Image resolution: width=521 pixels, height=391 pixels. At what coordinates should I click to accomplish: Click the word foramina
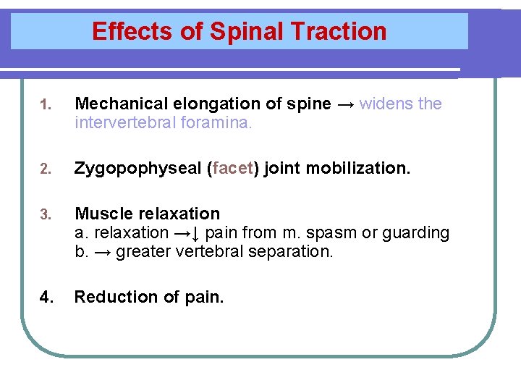click(x=216, y=123)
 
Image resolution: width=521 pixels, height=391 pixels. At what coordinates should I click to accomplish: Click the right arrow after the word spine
click(x=345, y=104)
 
